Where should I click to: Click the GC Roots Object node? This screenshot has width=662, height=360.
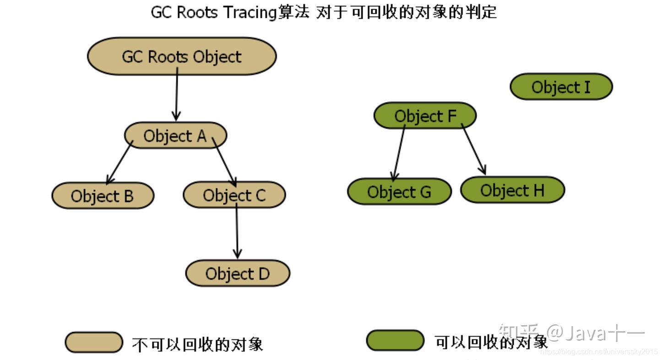(182, 56)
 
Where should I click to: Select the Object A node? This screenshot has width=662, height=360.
(175, 136)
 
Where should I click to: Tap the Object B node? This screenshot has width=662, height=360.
(103, 196)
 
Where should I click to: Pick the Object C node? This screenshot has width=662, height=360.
(234, 195)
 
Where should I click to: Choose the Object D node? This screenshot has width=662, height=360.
(237, 273)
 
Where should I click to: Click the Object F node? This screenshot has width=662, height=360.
(425, 116)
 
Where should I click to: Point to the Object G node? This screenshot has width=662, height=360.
(399, 191)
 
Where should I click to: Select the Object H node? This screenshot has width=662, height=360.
(512, 190)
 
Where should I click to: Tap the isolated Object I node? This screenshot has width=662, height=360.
(561, 87)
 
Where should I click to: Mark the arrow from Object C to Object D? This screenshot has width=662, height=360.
(237, 231)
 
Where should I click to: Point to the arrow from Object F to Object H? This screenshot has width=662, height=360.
(473, 150)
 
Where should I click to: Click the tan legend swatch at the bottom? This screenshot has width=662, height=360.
(94, 342)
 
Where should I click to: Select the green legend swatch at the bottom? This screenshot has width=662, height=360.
(395, 340)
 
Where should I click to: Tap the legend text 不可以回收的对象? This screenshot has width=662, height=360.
(197, 344)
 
